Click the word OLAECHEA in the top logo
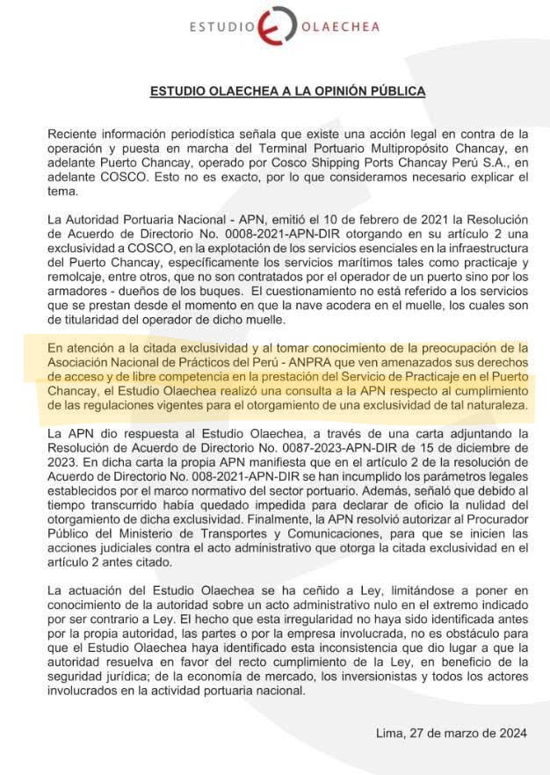(337, 27)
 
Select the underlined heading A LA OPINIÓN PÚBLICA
(351, 91)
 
